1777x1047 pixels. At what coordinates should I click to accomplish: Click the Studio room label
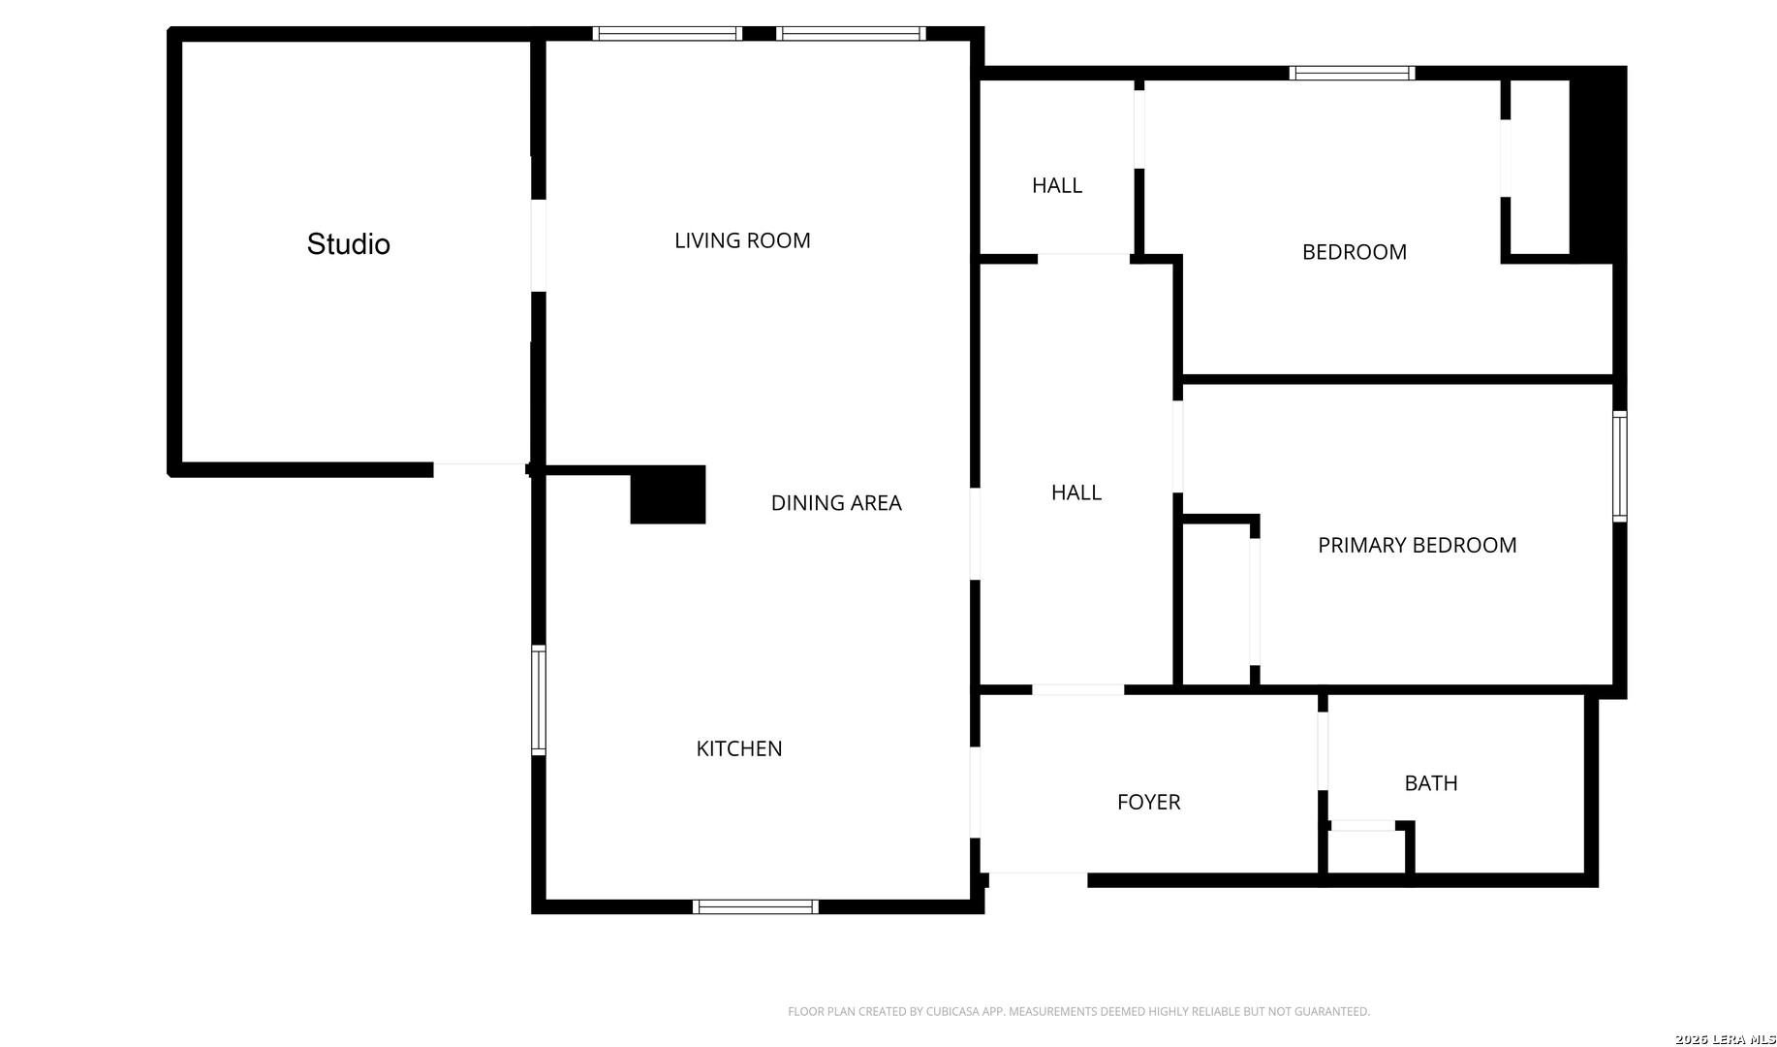click(x=349, y=244)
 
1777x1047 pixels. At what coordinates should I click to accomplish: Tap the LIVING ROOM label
click(x=742, y=240)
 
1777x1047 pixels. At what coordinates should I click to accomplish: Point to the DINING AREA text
click(x=836, y=503)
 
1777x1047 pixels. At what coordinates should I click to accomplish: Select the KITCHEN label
click(x=739, y=748)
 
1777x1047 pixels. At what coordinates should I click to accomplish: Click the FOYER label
click(x=1148, y=803)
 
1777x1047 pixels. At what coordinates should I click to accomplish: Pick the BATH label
click(x=1431, y=783)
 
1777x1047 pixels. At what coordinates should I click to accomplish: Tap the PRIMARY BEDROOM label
click(x=1418, y=545)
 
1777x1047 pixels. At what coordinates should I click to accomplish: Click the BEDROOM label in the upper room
click(x=1355, y=252)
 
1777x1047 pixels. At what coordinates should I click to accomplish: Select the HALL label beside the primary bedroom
click(x=1076, y=492)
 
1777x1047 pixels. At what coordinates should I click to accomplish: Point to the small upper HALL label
click(x=1057, y=185)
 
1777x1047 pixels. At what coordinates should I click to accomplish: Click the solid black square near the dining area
click(x=668, y=494)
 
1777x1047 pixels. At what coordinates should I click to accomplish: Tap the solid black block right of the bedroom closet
click(x=1597, y=165)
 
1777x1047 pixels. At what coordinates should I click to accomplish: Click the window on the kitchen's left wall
click(x=539, y=700)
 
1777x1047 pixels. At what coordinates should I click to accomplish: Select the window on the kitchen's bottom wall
click(x=756, y=907)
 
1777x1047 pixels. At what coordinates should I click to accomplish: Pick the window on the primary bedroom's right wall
click(x=1620, y=466)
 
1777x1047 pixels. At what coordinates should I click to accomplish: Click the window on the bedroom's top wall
click(x=1352, y=73)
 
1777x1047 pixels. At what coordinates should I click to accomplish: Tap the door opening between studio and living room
click(x=539, y=245)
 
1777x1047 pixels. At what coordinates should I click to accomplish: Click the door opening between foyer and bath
click(x=1323, y=751)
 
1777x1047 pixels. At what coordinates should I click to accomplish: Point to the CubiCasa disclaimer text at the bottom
click(x=1078, y=1012)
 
